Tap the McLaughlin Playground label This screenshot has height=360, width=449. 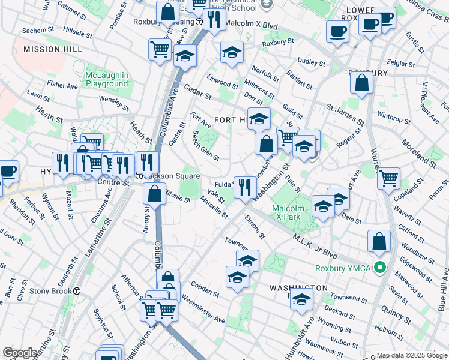pos(107,79)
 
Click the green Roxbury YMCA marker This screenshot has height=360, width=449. pos(379,268)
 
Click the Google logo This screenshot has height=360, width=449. pos(20,353)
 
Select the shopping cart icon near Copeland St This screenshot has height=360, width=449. pos(389,178)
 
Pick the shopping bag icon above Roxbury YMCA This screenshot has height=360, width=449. pos(379,242)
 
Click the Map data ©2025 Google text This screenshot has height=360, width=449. pos(411,355)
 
